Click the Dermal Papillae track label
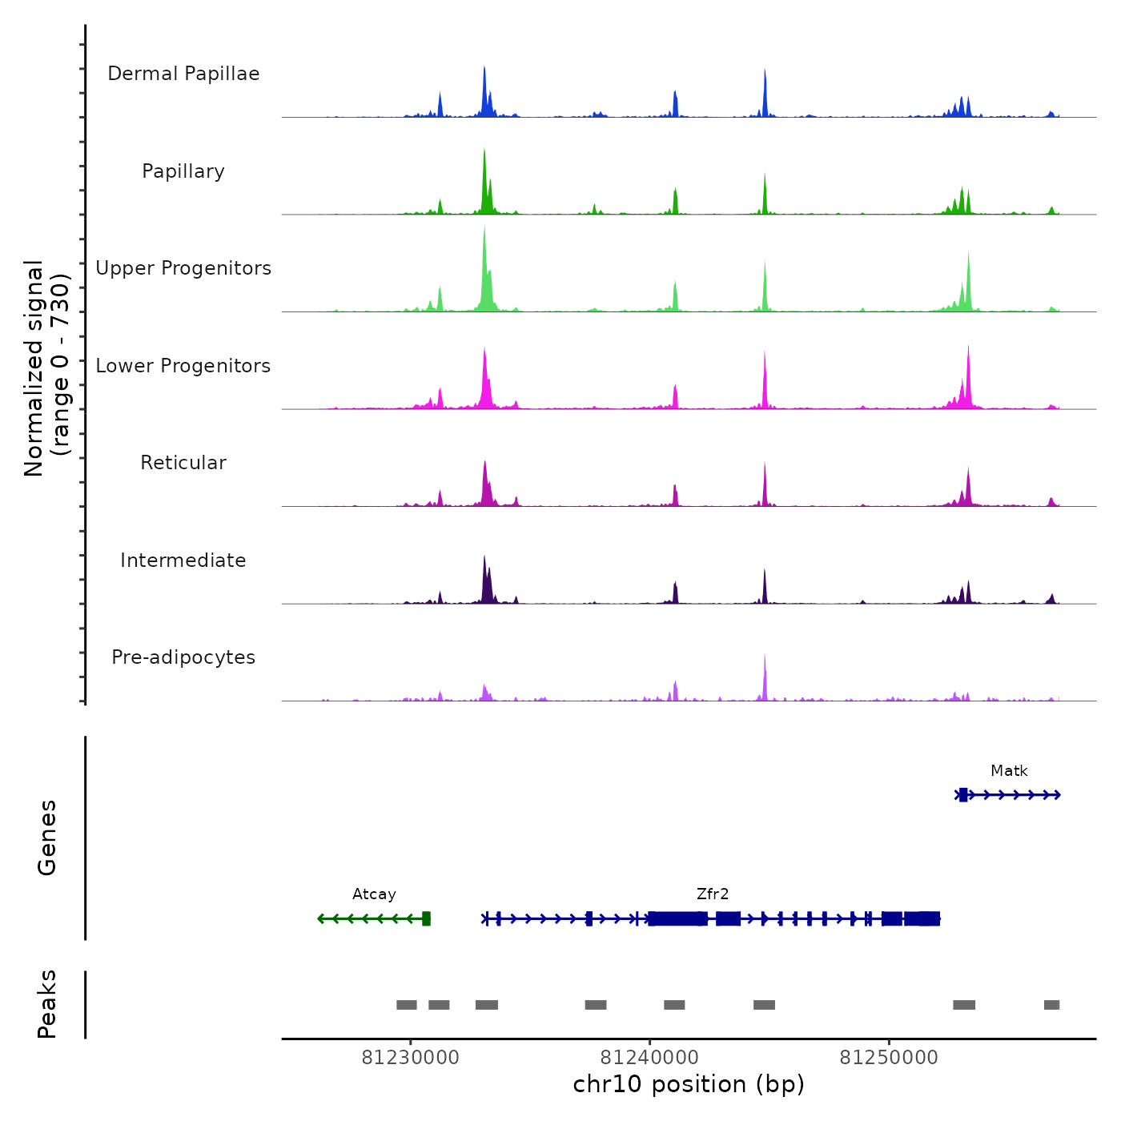pyautogui.click(x=183, y=74)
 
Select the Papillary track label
pyautogui.click(x=183, y=171)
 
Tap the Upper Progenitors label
pyautogui.click(x=183, y=268)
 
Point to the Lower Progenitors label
pyautogui.click(x=183, y=366)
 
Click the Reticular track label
pyautogui.click(x=183, y=463)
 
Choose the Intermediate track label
pyautogui.click(x=183, y=560)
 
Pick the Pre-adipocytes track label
pyautogui.click(x=183, y=657)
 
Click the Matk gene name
pyautogui.click(x=1009, y=771)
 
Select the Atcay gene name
pyautogui.click(x=374, y=894)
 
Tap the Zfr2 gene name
pyautogui.click(x=713, y=894)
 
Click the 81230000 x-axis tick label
pyautogui.click(x=411, y=1058)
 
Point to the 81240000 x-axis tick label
pyautogui.click(x=649, y=1058)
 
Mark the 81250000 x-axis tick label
pyautogui.click(x=889, y=1058)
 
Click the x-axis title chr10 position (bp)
pyautogui.click(x=689, y=1084)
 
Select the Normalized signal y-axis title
pyautogui.click(x=46, y=368)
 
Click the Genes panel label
pyautogui.click(x=47, y=838)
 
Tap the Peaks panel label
pyautogui.click(x=47, y=1004)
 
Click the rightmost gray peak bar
pyautogui.click(x=1051, y=1005)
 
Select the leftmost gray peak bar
pyautogui.click(x=407, y=1005)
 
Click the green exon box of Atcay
pyautogui.click(x=427, y=918)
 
